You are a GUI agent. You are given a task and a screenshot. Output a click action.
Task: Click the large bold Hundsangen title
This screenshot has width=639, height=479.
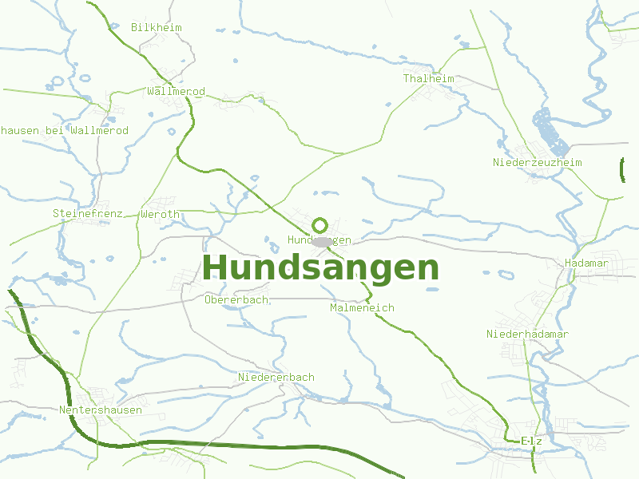[x=320, y=268]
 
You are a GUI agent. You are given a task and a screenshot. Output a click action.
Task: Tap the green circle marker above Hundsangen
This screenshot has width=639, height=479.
[x=320, y=225]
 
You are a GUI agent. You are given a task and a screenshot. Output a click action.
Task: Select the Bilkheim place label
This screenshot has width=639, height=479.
[x=157, y=27]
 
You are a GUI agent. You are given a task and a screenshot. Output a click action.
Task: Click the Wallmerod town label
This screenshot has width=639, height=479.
[x=176, y=92]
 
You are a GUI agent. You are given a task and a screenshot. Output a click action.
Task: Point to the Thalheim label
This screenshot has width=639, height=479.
[x=428, y=79]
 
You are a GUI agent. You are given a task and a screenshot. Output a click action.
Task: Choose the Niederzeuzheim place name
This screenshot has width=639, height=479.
[x=537, y=163]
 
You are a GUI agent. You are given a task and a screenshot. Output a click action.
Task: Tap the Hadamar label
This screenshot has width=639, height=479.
[x=586, y=263]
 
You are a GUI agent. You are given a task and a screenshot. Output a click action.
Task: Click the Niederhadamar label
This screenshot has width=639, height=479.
[x=527, y=335]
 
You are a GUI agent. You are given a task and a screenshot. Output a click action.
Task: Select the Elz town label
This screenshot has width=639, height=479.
[x=531, y=441]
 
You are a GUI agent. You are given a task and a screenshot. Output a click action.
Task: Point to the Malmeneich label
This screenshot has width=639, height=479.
[x=362, y=307]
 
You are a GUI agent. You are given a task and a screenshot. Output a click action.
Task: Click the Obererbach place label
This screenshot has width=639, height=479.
[x=236, y=300]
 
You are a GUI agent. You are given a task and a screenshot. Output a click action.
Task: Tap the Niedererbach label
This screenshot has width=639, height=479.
[x=276, y=378]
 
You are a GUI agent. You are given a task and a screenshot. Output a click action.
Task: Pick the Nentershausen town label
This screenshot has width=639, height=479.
[x=101, y=410]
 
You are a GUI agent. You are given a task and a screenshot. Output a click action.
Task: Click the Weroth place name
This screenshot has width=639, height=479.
[x=160, y=215]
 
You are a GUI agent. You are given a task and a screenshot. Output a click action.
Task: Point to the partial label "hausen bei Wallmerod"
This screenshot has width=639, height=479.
[x=64, y=131]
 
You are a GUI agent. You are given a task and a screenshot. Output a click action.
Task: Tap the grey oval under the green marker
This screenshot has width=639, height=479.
[x=323, y=241]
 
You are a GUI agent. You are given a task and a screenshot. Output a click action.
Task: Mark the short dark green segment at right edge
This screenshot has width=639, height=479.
[x=622, y=169]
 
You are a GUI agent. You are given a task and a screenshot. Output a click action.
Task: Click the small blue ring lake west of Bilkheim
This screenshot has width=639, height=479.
[x=58, y=82]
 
